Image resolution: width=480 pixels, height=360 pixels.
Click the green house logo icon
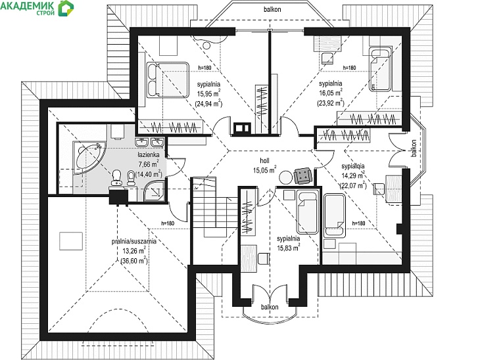point(66,8)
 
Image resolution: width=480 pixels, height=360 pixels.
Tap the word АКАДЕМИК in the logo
point(28,5)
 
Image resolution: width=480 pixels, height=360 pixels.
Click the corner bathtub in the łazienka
point(89,157)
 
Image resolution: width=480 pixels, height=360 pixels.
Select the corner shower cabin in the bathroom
point(155,191)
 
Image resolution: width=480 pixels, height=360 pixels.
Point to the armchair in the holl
point(303,176)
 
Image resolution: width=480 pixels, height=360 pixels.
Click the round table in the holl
point(286,177)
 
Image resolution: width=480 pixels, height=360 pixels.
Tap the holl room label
point(264,160)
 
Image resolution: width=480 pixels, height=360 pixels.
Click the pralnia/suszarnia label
point(133,241)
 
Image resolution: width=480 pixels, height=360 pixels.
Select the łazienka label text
point(148,155)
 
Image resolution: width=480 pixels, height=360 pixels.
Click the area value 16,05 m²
point(330,93)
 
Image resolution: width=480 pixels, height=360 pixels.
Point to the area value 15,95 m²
point(209,94)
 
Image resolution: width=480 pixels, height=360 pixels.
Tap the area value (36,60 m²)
point(134,261)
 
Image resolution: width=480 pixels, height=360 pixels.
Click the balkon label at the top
point(272,9)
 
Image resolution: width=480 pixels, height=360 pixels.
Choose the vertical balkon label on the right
point(414,148)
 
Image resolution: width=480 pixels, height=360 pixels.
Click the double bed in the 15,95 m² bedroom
point(167,80)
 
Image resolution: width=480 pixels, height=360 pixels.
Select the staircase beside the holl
point(214,207)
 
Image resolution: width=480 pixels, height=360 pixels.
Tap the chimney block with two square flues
point(242,129)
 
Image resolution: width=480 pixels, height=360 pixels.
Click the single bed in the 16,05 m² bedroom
point(380,69)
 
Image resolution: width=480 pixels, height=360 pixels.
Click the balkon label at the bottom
point(270,307)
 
